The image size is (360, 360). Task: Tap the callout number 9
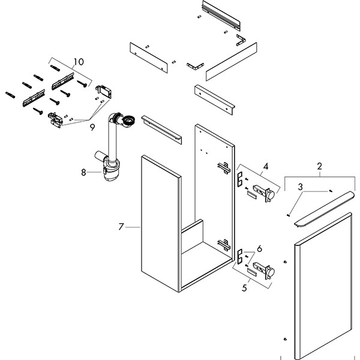(x=92, y=127)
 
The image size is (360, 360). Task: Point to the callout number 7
(x=121, y=227)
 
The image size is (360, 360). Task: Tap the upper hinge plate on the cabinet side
(x=223, y=169)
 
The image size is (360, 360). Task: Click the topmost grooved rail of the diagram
(x=222, y=16)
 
